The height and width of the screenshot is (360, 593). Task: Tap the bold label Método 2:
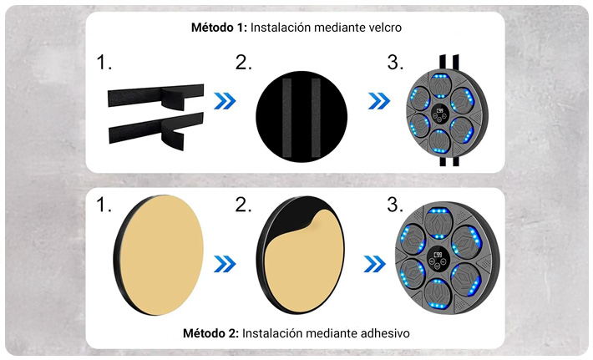coord(210,333)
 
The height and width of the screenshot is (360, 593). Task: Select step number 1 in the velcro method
coord(103,63)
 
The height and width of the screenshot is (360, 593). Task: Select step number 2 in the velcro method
coord(244,63)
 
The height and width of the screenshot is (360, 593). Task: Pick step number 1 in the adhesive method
coord(103,203)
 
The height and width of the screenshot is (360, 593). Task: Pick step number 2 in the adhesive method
coord(244,203)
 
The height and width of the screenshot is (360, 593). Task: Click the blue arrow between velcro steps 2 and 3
coord(379,102)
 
